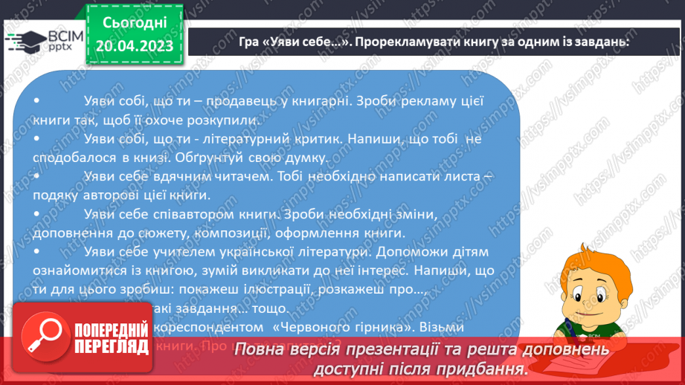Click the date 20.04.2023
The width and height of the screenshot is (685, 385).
click(x=134, y=46)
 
